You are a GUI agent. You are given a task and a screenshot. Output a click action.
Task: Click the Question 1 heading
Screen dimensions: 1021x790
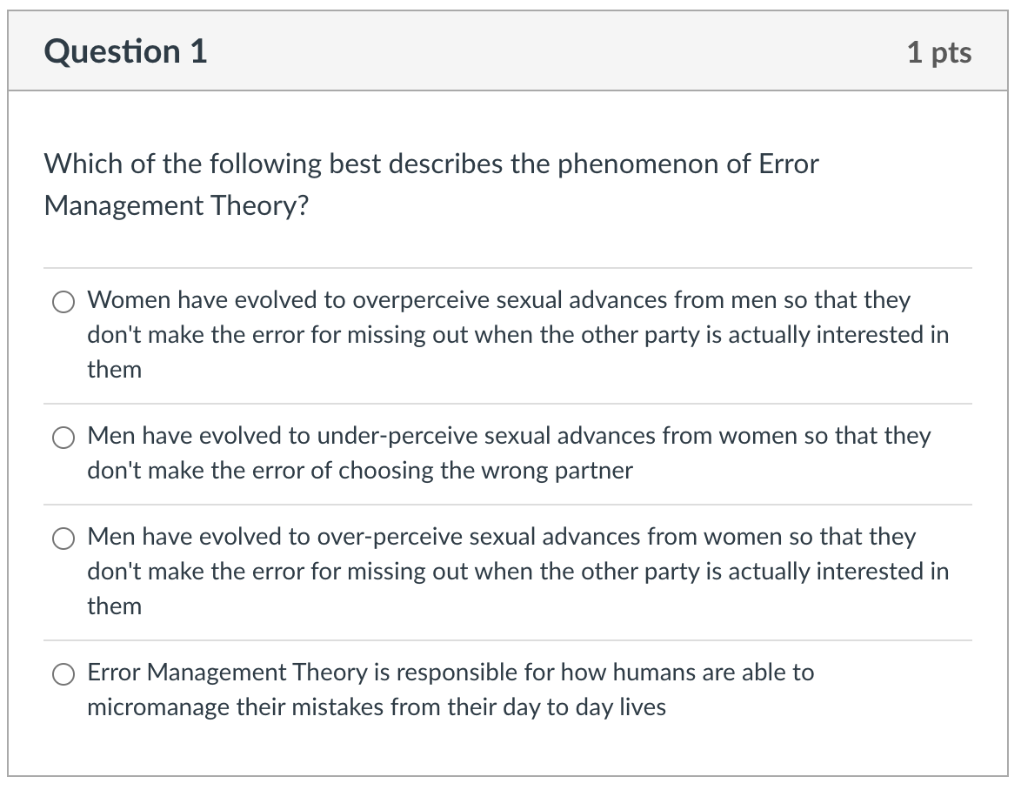[x=126, y=51]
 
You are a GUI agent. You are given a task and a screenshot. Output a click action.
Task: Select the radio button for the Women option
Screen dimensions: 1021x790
[x=63, y=302]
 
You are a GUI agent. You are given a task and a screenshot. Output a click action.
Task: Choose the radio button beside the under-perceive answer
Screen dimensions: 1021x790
[x=63, y=438]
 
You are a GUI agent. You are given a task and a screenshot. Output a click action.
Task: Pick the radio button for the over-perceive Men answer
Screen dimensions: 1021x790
[x=63, y=539]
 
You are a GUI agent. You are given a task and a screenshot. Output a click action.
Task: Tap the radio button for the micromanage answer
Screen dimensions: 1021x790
[x=63, y=674]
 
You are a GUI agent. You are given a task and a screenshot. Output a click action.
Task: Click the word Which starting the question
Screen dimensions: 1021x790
[x=83, y=164]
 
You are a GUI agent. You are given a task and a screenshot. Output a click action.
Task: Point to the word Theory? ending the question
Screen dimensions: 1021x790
[x=259, y=207]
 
